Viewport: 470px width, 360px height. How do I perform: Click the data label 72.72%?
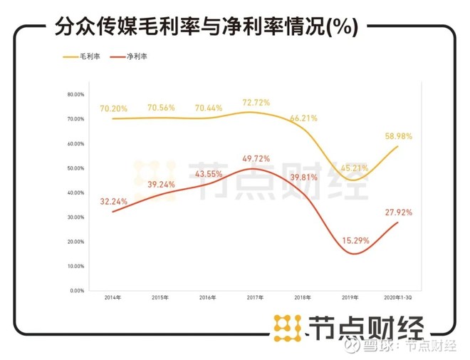point(256,103)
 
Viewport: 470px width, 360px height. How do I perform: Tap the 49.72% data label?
point(256,158)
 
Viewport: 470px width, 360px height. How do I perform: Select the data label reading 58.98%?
point(397,135)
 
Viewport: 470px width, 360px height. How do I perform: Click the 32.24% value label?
point(114,200)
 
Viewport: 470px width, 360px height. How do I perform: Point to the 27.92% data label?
point(397,212)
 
